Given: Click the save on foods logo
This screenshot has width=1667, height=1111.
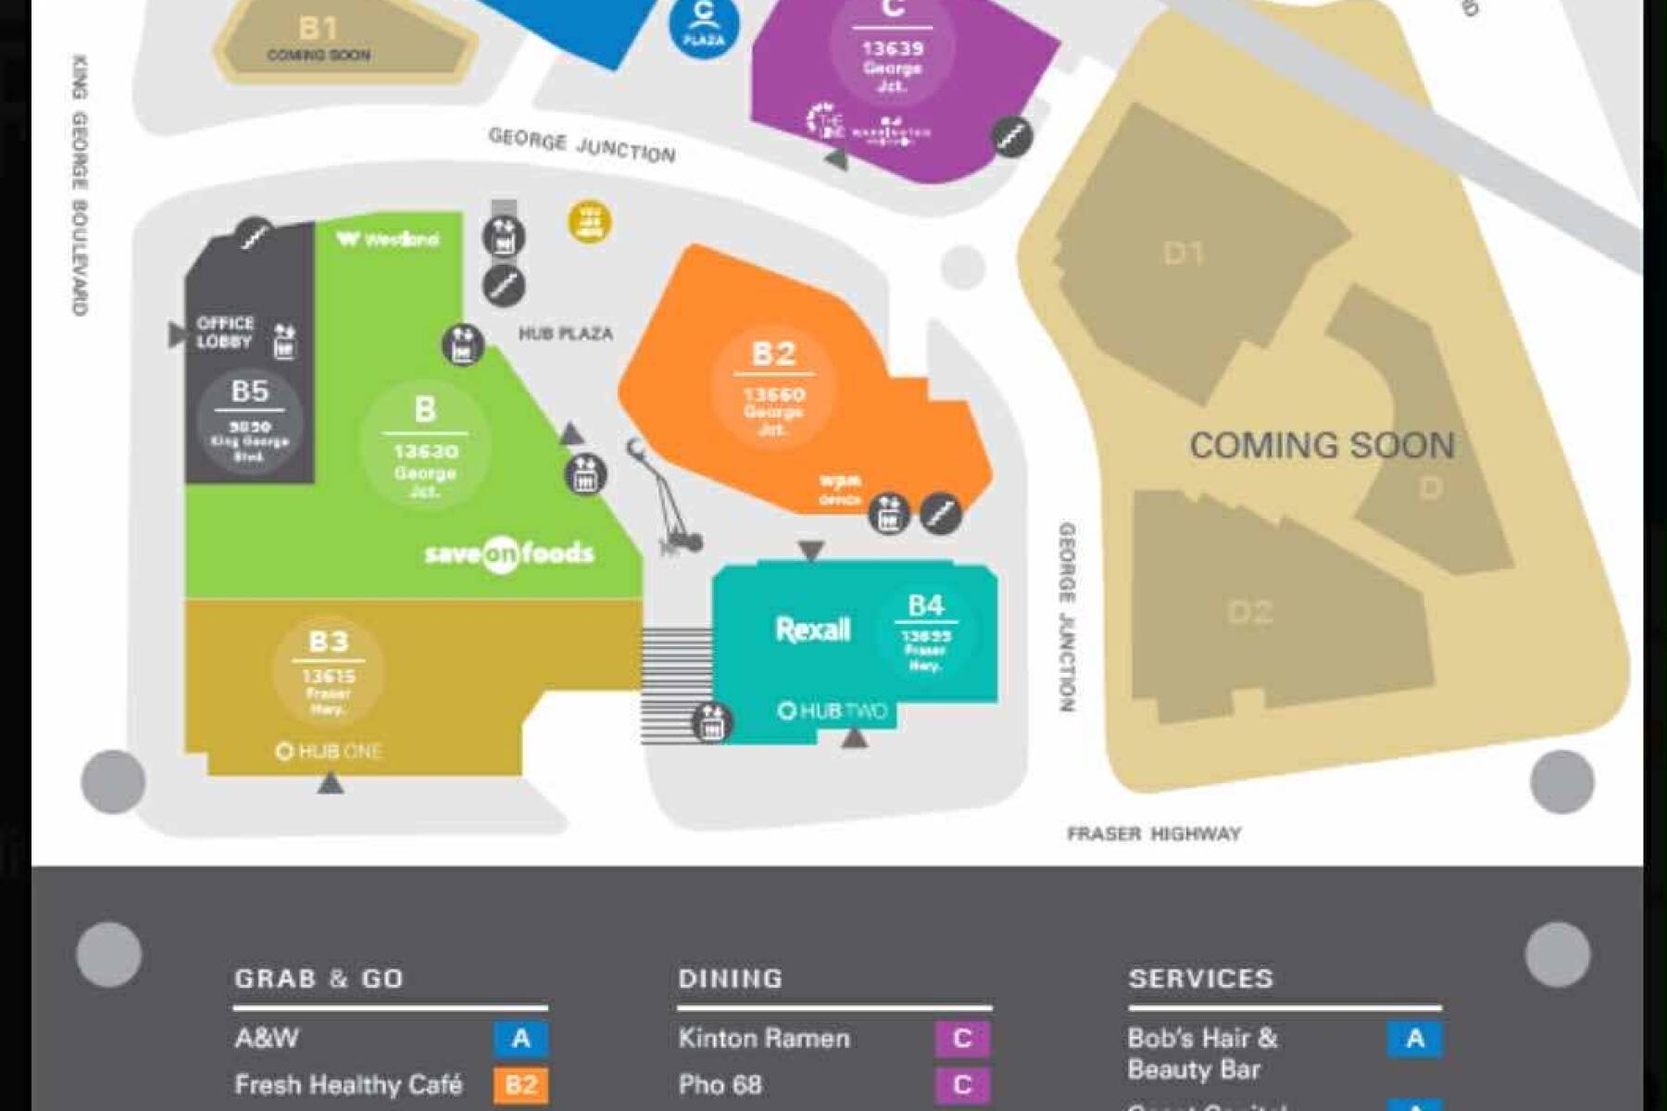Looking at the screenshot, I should [508, 554].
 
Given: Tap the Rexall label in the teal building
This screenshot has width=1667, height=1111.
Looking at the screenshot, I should [812, 630].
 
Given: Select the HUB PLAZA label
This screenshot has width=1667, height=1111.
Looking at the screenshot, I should [565, 333].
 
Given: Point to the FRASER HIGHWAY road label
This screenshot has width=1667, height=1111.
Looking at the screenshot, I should [1153, 834].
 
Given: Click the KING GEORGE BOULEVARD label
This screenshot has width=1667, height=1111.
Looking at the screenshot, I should [81, 185].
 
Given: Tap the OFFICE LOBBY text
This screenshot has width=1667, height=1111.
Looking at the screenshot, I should [225, 331].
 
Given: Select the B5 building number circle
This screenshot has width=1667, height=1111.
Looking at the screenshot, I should [250, 421].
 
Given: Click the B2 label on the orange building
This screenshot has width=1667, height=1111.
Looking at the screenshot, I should [773, 354].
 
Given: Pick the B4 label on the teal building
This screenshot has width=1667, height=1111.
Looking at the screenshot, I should [925, 605].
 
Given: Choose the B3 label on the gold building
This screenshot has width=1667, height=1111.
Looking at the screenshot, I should [329, 642].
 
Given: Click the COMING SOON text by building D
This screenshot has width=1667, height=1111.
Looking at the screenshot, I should [1322, 445].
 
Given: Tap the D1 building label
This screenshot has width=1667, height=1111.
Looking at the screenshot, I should [1183, 253].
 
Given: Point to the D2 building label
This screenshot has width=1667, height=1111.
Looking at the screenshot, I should [1249, 612].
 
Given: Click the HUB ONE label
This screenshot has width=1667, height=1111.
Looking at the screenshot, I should [329, 751].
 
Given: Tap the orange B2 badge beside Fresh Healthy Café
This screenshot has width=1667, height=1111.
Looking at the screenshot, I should [520, 1084].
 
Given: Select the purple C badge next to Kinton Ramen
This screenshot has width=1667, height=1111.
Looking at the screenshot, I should [962, 1038].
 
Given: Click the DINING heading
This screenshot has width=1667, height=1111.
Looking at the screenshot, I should [731, 979].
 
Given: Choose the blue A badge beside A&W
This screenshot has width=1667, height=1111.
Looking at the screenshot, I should [520, 1038].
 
